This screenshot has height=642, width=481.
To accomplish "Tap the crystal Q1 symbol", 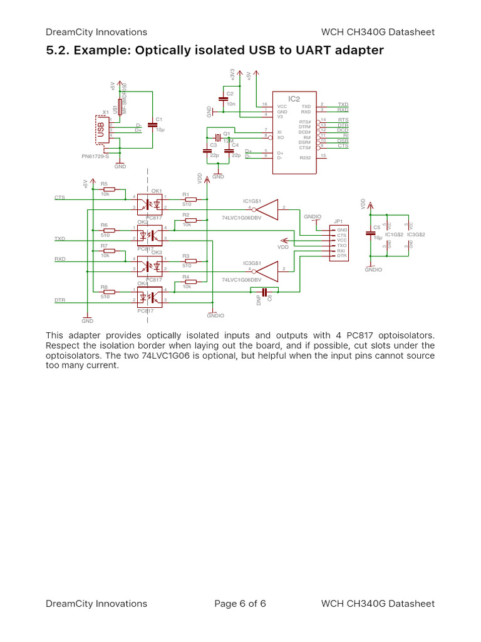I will coord(217,137).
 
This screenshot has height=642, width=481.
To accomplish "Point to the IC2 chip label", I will coord(294,98).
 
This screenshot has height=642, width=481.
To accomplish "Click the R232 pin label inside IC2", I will coord(305,158).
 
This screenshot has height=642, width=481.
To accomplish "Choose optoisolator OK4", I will coord(150,297).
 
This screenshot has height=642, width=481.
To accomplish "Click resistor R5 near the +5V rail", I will coord(109,189).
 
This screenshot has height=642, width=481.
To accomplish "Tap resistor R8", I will coord(109,292).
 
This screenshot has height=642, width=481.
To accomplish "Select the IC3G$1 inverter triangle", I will coord(267,270).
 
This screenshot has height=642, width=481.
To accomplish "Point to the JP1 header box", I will coord(338,243).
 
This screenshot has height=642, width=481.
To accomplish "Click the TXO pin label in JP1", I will coord(341,245).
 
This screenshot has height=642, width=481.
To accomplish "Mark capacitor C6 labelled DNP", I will coord(264,292).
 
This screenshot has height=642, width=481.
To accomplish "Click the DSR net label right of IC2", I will coord(343,141).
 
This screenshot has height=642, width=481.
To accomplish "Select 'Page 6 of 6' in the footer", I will coord(240,604).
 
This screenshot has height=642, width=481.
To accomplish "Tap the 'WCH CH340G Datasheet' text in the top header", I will coord(378,32).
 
